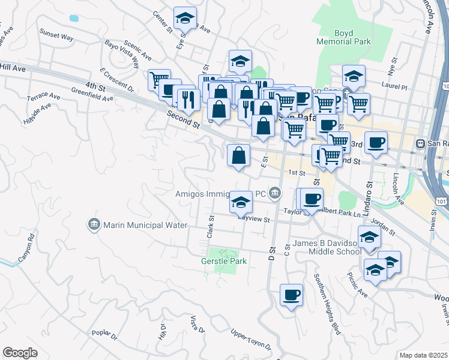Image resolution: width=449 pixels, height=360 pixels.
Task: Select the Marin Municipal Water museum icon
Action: (94, 225)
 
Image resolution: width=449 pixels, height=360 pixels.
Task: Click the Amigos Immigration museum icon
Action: (275, 193)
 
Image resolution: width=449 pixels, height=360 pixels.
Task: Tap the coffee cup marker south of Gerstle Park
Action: (292, 295)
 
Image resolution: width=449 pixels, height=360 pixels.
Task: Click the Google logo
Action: (20, 352)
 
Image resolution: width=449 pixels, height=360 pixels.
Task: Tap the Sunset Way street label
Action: (56, 37)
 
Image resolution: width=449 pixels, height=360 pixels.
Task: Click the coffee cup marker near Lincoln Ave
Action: (376, 142)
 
